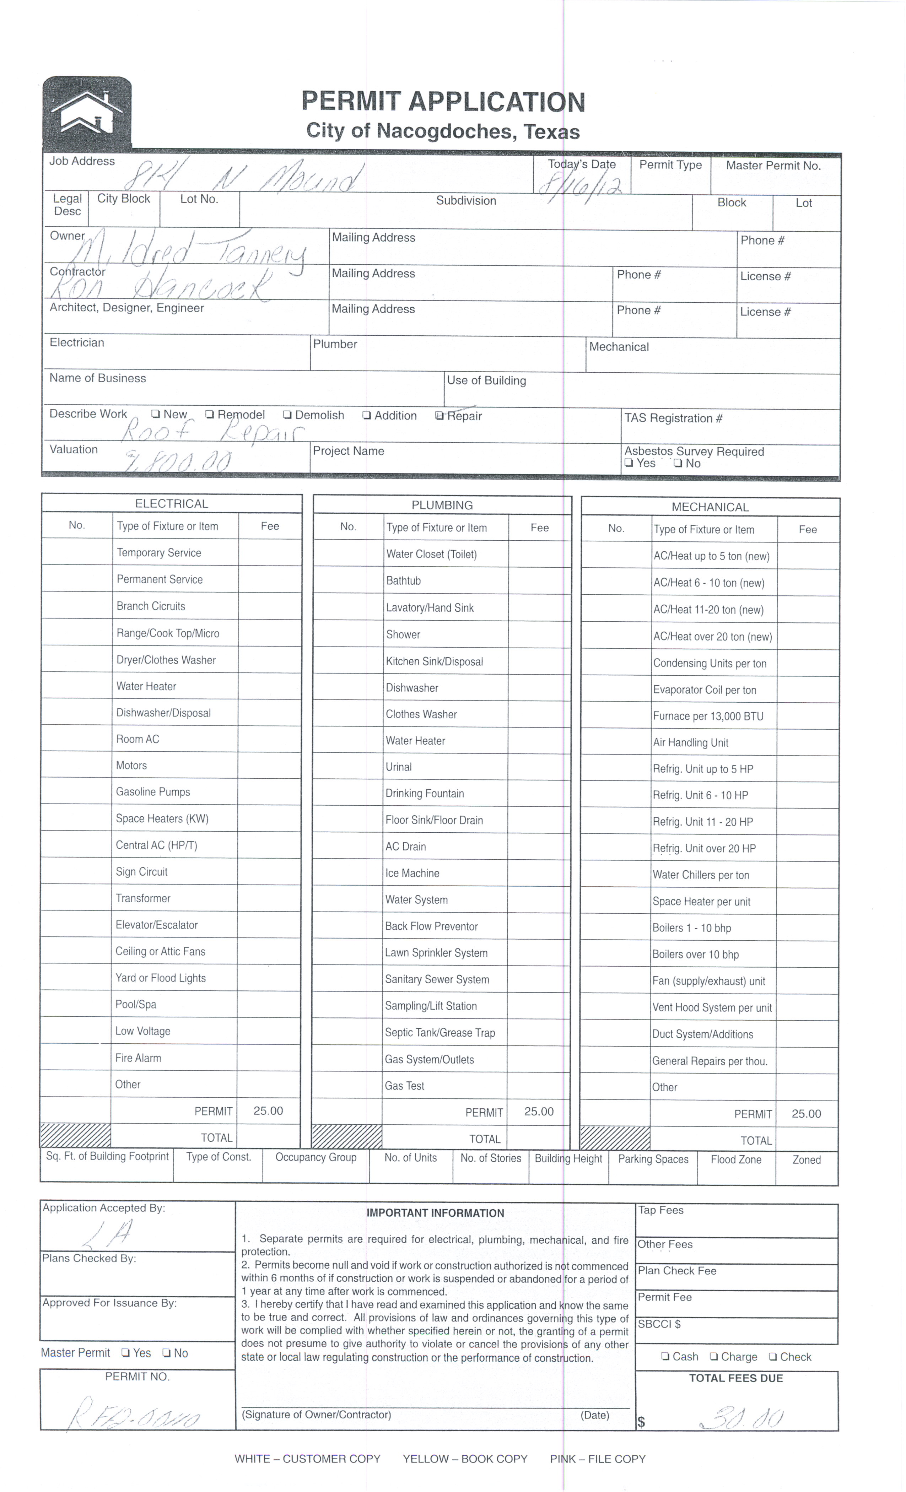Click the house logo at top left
pos(87,112)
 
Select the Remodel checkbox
pos(210,415)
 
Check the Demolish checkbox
pos(288,415)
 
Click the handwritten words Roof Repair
pos(212,432)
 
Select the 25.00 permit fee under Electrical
pos(268,1110)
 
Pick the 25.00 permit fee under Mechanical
pos(806,1114)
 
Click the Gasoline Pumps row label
pos(153,792)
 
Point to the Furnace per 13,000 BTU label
pos(708,716)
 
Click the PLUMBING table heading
pos(442,505)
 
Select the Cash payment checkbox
pos(665,1357)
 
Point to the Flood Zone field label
pos(736,1159)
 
